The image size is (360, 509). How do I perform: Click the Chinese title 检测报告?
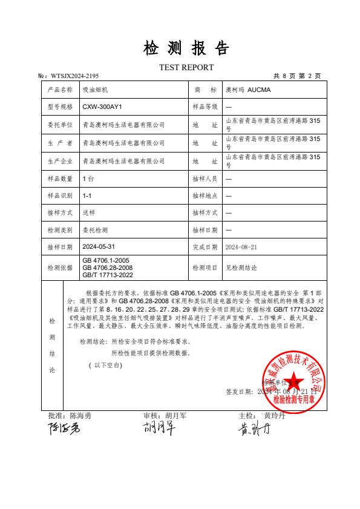(186, 48)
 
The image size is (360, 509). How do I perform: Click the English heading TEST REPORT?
(186, 67)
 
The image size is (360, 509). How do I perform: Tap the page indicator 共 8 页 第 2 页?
(297, 76)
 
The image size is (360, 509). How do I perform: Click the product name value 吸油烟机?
(93, 90)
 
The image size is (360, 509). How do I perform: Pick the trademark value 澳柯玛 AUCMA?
(248, 90)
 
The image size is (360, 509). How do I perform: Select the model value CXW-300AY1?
(102, 107)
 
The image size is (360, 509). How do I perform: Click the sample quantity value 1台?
(88, 179)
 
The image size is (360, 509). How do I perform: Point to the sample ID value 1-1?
(87, 196)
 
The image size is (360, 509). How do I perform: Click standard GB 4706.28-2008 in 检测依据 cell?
(107, 267)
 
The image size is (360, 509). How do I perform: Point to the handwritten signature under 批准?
(64, 430)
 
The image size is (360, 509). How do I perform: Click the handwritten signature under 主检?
(252, 430)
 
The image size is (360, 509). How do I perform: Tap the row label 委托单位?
(59, 125)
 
